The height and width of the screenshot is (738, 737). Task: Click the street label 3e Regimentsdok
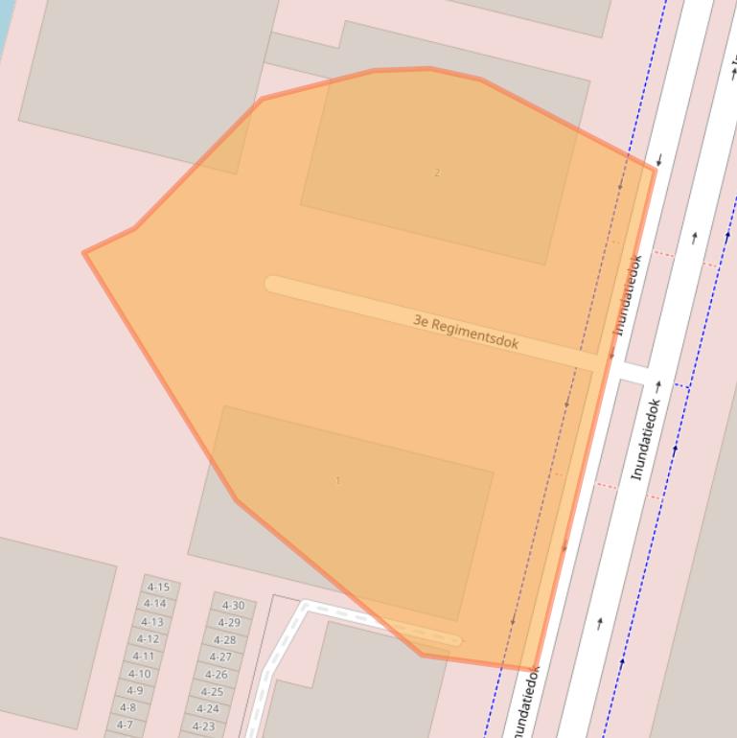tap(466, 332)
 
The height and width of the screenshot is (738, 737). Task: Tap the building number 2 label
tap(437, 173)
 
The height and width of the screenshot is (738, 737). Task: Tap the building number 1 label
tap(337, 480)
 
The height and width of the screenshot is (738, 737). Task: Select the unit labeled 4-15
tap(158, 588)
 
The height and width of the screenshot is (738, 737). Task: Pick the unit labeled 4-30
tap(233, 605)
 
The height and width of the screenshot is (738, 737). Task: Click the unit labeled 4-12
tap(148, 639)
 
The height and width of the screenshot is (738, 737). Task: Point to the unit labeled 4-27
tap(220, 657)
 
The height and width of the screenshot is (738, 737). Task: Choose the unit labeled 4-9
tap(134, 690)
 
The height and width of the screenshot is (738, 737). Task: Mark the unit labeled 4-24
tap(207, 709)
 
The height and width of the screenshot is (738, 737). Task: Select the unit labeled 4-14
tap(154, 604)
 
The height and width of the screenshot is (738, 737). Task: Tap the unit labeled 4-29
tap(229, 623)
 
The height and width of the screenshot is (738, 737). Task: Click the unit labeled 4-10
tap(139, 674)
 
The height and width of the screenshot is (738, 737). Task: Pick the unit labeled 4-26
tap(216, 675)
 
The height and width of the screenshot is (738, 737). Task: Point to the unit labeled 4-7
tap(125, 725)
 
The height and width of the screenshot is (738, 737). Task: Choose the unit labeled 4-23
tap(203, 726)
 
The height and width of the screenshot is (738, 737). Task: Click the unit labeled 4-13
tap(151, 622)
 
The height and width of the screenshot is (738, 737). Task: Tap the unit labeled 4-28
tap(224, 640)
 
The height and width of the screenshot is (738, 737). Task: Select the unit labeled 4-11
tap(143, 657)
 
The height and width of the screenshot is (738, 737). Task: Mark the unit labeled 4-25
tap(212, 692)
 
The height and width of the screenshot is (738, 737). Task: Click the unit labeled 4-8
tap(128, 708)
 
